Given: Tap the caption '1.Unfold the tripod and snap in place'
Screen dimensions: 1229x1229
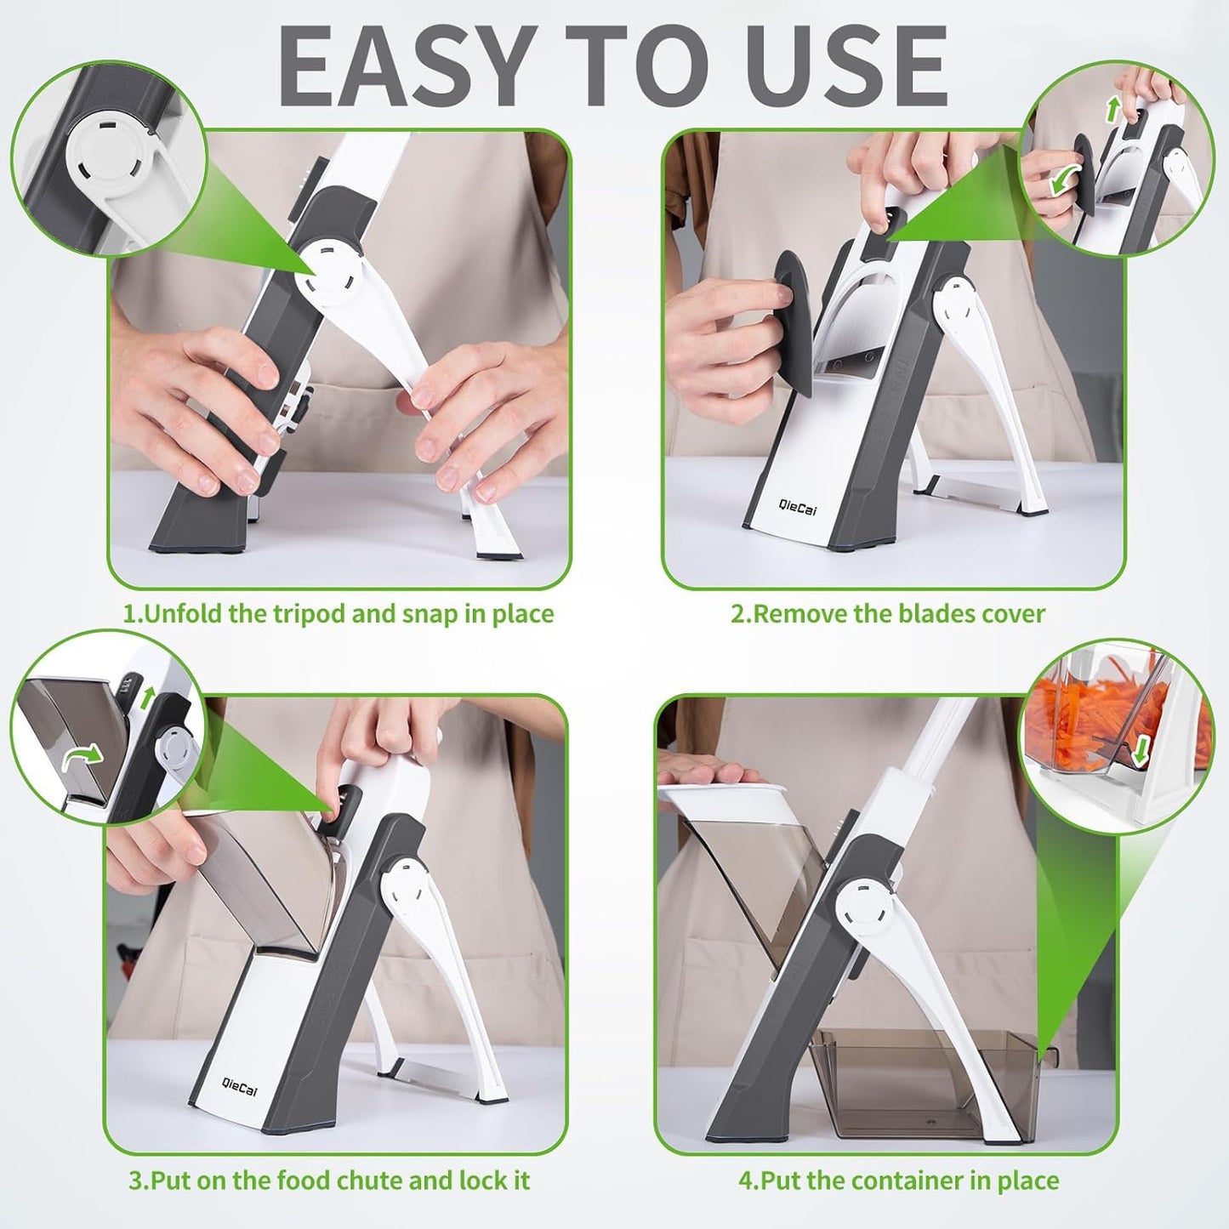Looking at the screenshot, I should [x=339, y=614].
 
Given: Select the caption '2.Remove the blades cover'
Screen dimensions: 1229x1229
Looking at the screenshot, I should [x=888, y=614].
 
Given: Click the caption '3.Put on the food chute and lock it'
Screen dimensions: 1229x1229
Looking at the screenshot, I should [x=329, y=1181].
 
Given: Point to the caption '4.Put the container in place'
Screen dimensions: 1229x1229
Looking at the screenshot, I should [x=899, y=1181].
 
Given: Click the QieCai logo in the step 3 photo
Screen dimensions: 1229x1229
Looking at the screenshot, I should [x=239, y=1086].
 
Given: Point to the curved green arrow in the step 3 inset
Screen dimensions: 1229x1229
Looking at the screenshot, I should [x=83, y=755].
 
